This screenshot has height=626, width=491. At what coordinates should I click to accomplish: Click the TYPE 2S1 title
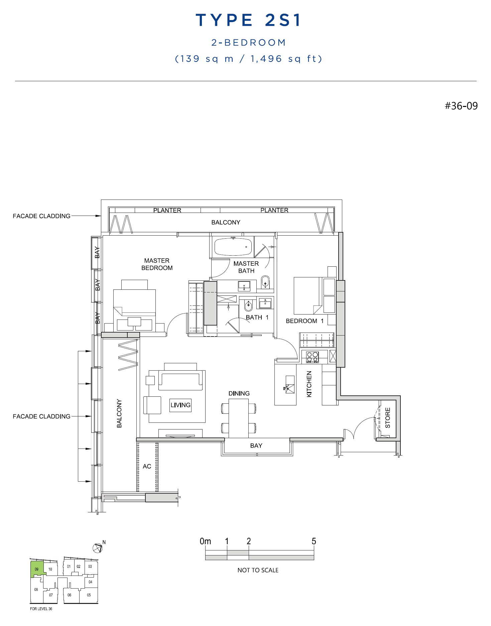(248, 20)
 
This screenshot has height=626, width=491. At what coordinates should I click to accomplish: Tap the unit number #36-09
(461, 106)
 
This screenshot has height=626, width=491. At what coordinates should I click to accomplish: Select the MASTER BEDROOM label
(157, 264)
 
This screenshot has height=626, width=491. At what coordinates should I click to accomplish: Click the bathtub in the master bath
(233, 247)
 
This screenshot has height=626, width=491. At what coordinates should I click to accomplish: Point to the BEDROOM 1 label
(304, 321)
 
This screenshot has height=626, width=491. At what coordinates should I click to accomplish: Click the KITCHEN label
(309, 384)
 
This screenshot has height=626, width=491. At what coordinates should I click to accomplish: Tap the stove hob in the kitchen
(313, 357)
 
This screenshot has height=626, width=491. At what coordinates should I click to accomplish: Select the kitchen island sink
(290, 384)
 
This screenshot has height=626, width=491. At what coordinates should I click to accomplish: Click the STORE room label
(388, 418)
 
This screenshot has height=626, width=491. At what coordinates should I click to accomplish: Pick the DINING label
(239, 393)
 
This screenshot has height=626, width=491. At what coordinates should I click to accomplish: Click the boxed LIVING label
(180, 405)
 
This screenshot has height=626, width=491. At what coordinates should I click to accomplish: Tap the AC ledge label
(147, 466)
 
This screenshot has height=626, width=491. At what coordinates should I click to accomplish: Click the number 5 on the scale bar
(314, 541)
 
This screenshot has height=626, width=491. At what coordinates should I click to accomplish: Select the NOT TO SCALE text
(258, 570)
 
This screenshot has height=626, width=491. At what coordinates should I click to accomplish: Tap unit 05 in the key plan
(89, 595)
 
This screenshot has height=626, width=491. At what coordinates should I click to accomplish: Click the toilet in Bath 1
(248, 305)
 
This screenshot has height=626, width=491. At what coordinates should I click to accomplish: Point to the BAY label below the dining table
(256, 446)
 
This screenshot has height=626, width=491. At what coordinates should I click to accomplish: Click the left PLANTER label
(167, 210)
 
